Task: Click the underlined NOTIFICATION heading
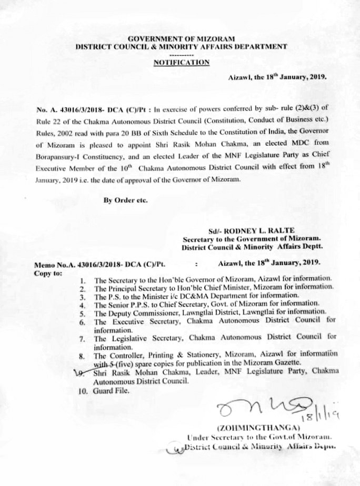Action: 181,62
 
